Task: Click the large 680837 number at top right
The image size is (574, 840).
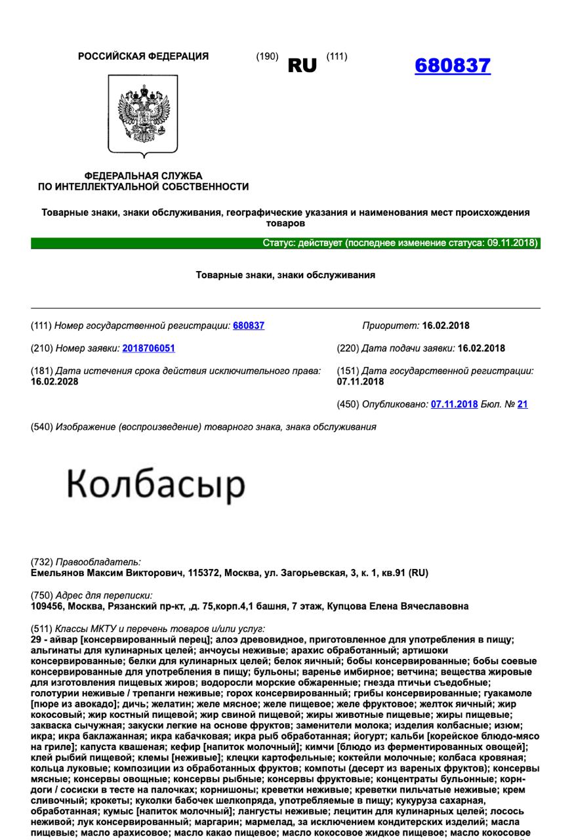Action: point(453,66)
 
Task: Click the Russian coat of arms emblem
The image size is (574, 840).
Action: point(143,114)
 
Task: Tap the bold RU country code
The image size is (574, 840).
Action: point(302,66)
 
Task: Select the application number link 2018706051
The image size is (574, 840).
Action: point(148,348)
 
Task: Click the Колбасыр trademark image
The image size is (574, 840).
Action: point(156,485)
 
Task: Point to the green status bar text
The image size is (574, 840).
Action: point(400,243)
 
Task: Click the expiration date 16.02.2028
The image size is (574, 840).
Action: point(54,382)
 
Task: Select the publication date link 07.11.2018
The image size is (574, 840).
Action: point(454,404)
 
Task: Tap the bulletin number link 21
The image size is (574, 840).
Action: point(522,404)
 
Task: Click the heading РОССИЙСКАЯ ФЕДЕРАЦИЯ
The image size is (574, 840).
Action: point(143,56)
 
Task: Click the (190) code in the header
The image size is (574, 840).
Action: point(267,56)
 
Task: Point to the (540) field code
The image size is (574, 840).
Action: point(41,427)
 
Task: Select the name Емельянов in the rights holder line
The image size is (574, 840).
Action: point(56,573)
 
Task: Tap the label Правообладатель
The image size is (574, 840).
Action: point(98,562)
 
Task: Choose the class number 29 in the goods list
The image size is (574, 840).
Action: point(37,640)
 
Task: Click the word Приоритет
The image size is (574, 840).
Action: point(390,325)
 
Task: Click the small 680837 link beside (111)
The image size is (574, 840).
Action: point(249,325)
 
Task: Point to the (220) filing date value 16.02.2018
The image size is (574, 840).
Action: point(482,348)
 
